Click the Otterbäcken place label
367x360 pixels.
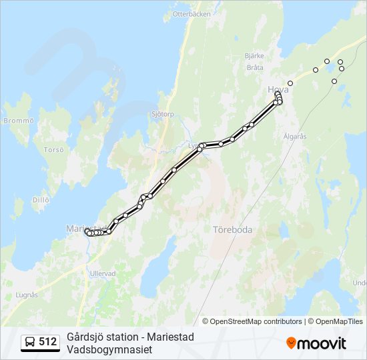point(192,14)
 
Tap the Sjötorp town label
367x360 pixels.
point(163,114)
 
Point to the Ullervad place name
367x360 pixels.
point(103,273)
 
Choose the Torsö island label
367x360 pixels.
point(53,150)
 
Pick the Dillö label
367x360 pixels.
point(41,199)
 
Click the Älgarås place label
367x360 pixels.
point(294,136)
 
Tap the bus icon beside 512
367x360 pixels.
point(30,342)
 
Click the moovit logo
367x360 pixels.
point(316,343)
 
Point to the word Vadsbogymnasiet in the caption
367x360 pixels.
point(109,349)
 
